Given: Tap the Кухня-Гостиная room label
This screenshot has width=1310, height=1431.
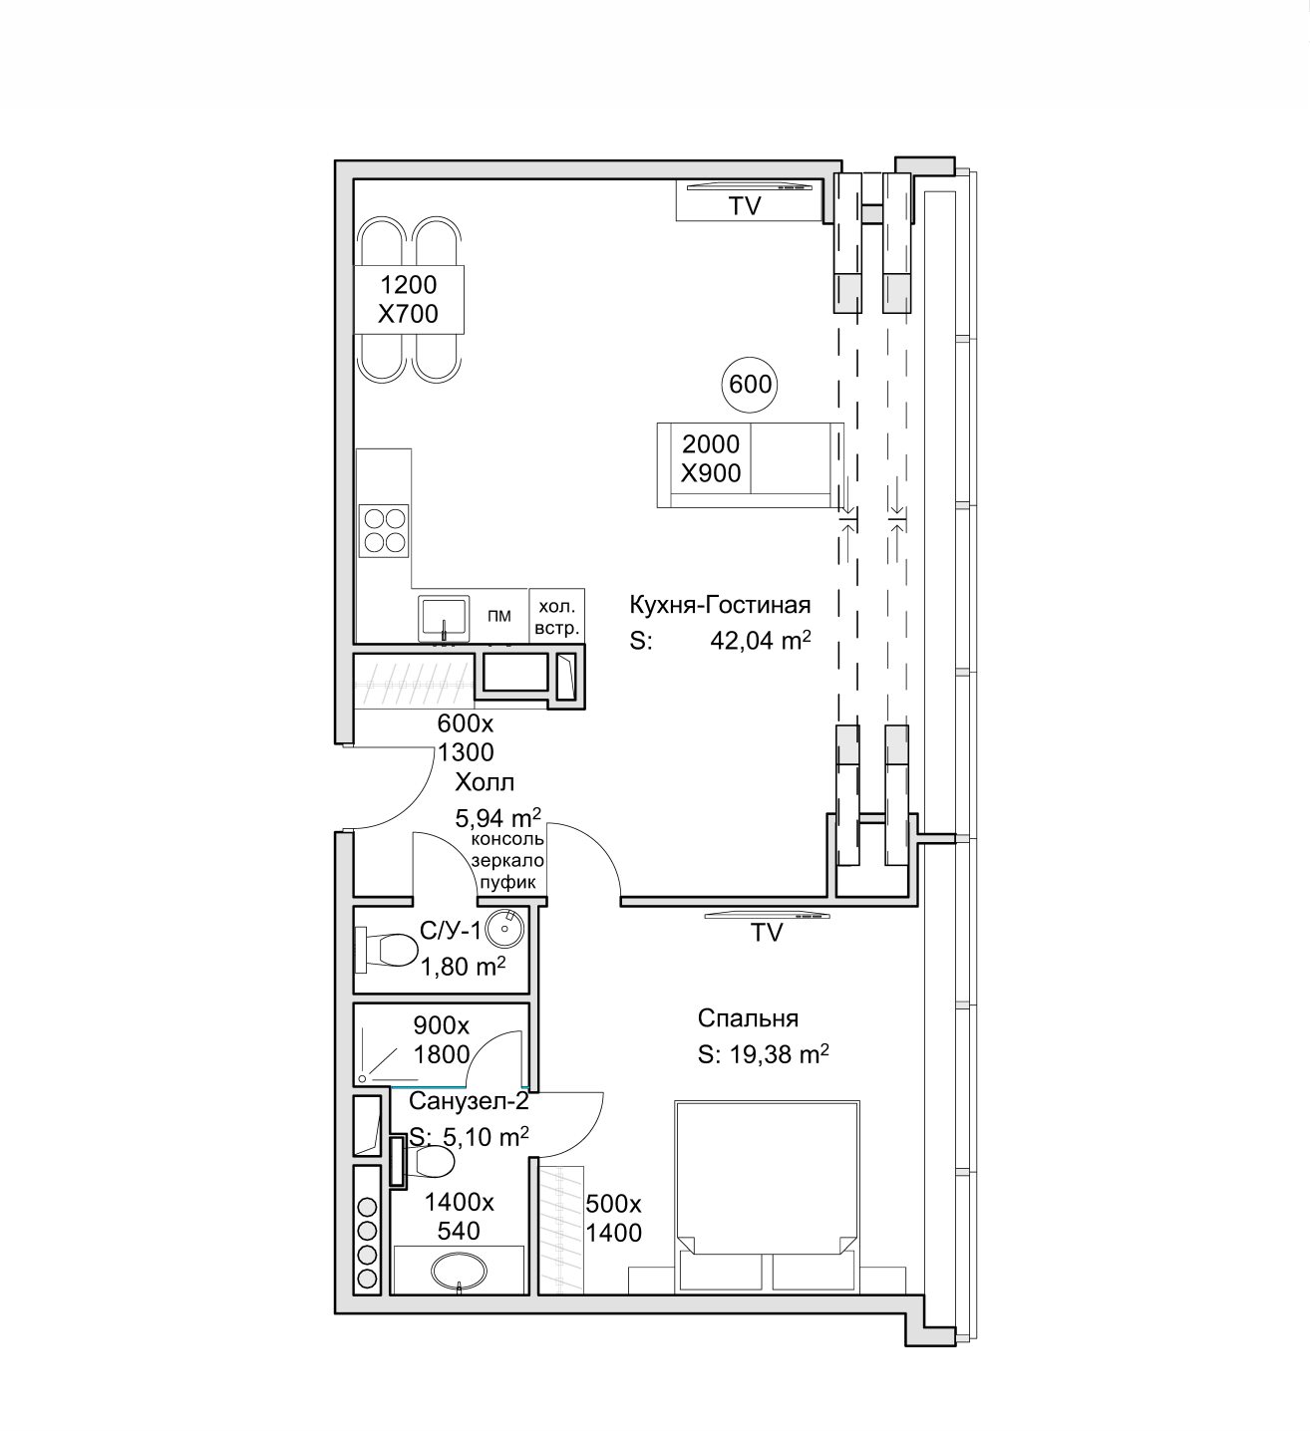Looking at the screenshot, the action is point(720,605).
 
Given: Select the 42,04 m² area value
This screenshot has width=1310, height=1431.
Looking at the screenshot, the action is point(761,640).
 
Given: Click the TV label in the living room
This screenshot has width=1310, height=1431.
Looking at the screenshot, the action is point(745,206).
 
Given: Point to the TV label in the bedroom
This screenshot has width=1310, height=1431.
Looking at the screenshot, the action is point(766,933).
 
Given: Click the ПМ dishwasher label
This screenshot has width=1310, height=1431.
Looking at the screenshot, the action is point(499,615).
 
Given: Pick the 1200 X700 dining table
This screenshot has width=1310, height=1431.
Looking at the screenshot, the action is point(409,300).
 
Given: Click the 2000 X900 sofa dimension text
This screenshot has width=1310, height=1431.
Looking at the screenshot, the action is point(710,458).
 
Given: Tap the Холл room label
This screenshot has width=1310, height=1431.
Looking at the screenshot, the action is point(485,782).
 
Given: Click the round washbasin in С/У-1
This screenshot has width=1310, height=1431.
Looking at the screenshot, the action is point(504,928).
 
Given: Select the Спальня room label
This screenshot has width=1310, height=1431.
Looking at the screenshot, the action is point(748,1018).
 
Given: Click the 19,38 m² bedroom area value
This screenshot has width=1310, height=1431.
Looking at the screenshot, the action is point(779,1054).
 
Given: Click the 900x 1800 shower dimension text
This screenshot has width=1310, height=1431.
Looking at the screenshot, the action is point(442,1039).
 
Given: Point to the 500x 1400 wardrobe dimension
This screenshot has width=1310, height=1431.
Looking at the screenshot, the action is point(613,1218).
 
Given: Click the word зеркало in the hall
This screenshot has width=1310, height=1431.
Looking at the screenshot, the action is point(507,860).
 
